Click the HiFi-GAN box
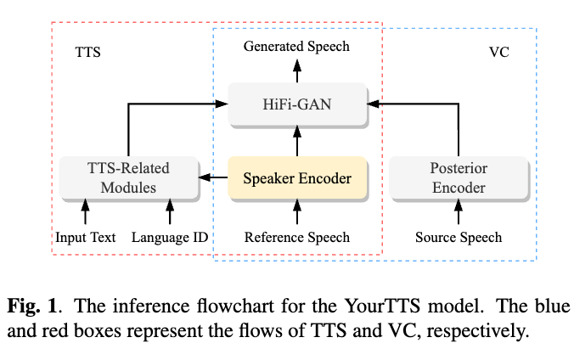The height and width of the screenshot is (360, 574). pyautogui.click(x=298, y=104)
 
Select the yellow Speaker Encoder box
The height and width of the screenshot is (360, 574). pyautogui.click(x=298, y=178)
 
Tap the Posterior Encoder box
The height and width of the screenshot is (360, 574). pyautogui.click(x=459, y=178)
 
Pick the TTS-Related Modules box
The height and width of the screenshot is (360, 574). pyautogui.click(x=129, y=178)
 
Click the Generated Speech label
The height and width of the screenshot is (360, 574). pyautogui.click(x=296, y=47)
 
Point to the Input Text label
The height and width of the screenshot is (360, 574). pyautogui.click(x=85, y=238)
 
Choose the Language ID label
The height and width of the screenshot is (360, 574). pyautogui.click(x=170, y=238)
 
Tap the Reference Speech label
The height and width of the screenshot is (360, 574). pyautogui.click(x=297, y=238)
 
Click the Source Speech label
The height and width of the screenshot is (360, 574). pyautogui.click(x=459, y=238)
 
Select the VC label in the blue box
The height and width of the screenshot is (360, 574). pyautogui.click(x=499, y=52)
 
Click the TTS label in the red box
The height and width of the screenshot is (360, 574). pyautogui.click(x=87, y=52)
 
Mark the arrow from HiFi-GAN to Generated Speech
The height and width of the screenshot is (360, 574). pyautogui.click(x=297, y=71)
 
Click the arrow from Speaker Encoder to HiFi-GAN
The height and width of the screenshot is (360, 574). pyautogui.click(x=297, y=141)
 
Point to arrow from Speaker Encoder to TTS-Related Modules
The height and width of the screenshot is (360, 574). pyautogui.click(x=213, y=177)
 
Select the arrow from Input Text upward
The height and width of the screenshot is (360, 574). pyautogui.click(x=85, y=211)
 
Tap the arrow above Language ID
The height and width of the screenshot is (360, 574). pyautogui.click(x=170, y=211)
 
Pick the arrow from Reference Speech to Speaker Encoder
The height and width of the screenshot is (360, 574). pyautogui.click(x=297, y=211)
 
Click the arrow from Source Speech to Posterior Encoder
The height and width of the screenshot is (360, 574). pyautogui.click(x=459, y=211)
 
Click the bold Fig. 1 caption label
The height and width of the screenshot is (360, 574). pyautogui.click(x=32, y=307)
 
